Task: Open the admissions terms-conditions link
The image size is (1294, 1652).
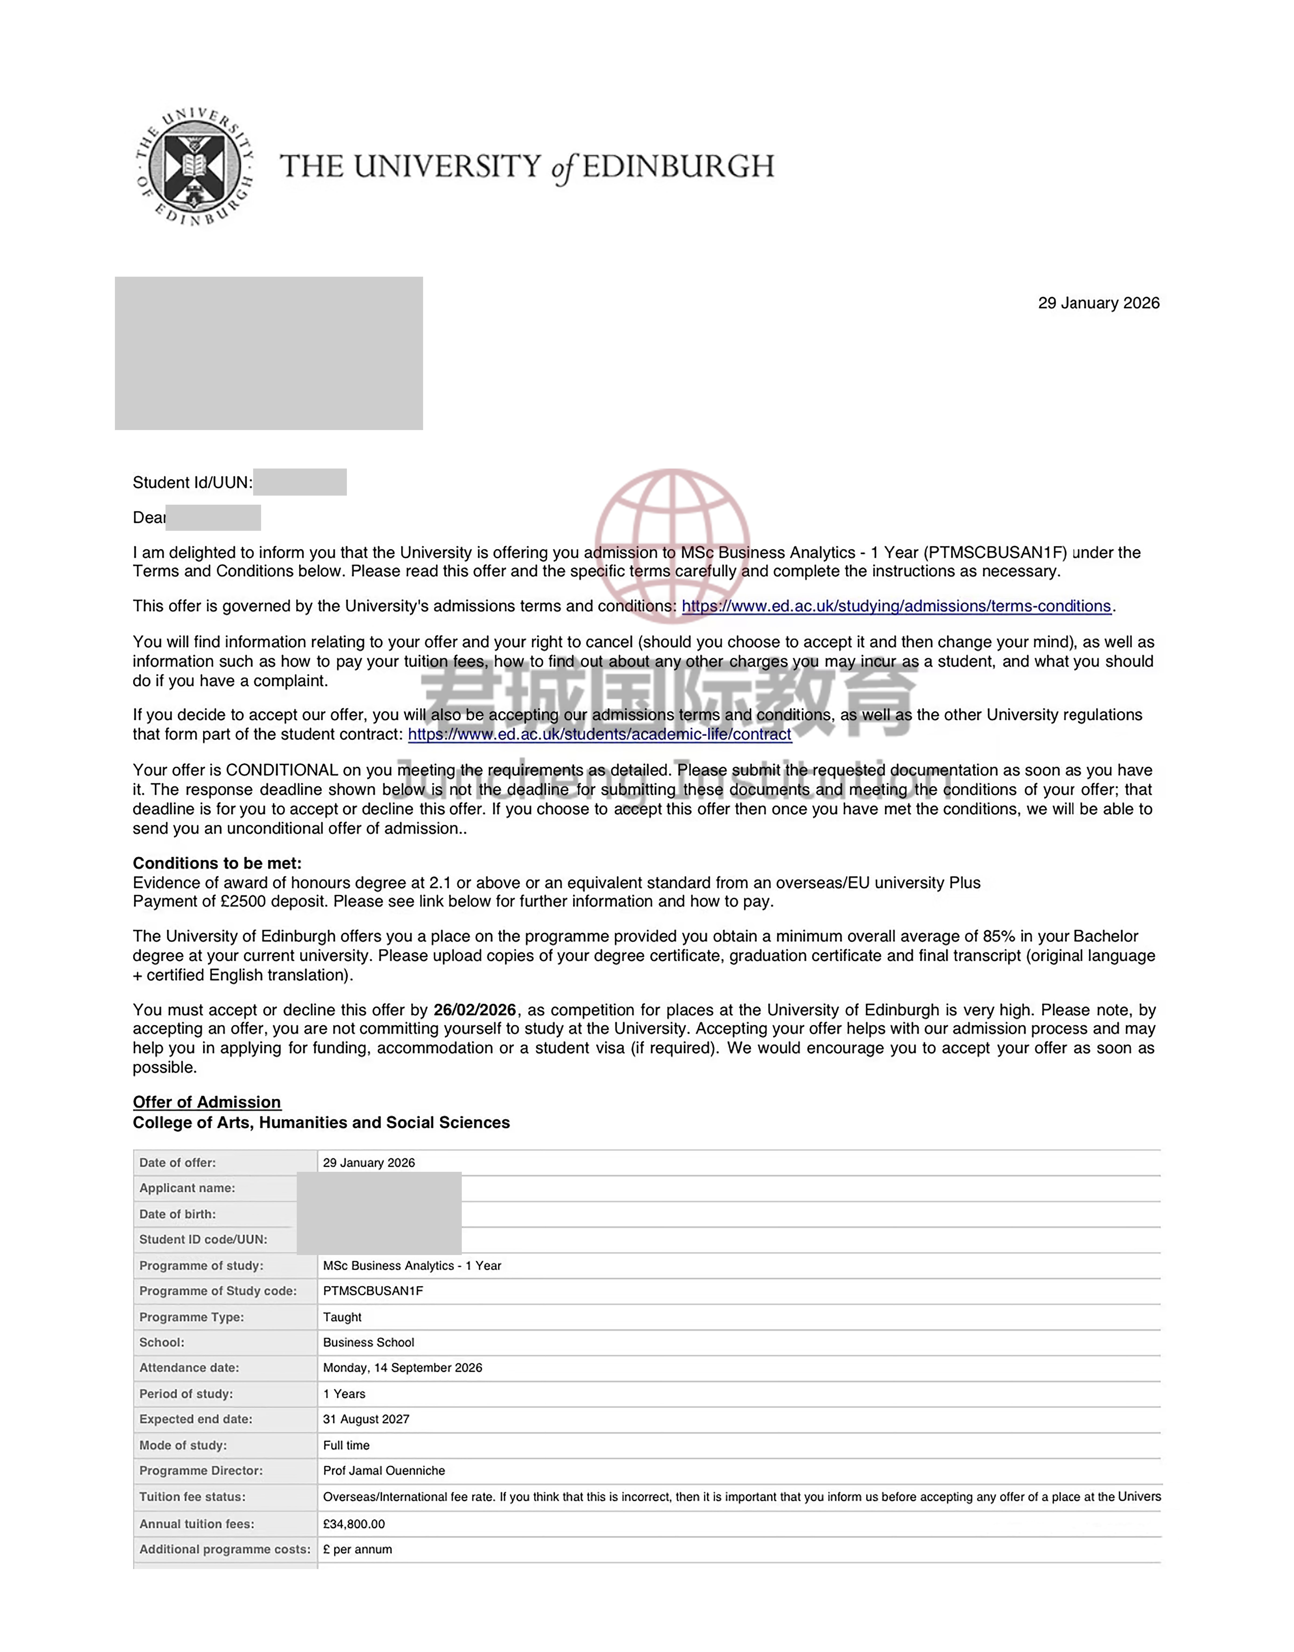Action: [x=896, y=606]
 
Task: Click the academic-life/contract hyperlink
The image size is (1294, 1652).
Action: [x=599, y=734]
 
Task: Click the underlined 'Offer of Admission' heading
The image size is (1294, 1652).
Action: [x=207, y=1102]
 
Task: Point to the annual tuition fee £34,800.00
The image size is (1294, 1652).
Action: [x=354, y=1523]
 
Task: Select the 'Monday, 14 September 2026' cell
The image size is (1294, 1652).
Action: [x=402, y=1367]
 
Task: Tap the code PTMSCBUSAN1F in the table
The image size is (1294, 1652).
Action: [x=373, y=1291]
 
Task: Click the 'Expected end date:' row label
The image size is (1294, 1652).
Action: [x=195, y=1419]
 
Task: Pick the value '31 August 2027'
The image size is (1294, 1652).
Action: [x=366, y=1419]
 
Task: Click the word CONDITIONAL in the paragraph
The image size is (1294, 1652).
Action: [x=282, y=769]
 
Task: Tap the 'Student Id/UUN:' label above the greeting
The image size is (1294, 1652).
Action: [x=193, y=483]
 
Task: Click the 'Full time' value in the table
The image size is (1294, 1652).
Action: [x=346, y=1445]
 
